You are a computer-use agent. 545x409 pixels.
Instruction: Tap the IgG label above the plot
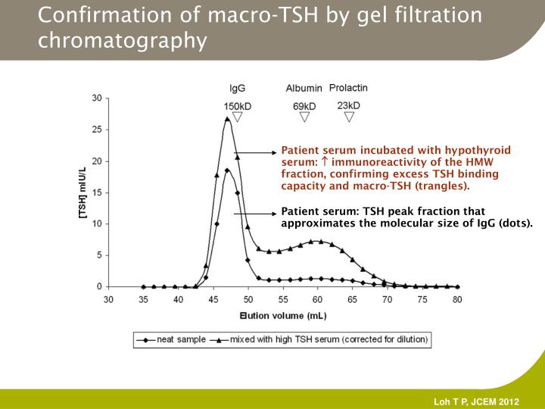pyautogui.click(x=237, y=89)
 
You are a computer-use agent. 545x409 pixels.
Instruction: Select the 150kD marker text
pyautogui.click(x=237, y=105)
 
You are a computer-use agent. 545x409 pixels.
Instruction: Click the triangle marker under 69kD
pyautogui.click(x=305, y=117)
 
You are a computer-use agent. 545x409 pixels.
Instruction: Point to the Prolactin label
pyautogui.click(x=348, y=88)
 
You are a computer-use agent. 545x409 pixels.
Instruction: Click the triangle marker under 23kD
pyautogui.click(x=349, y=117)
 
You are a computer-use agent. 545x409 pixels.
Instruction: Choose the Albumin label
pyautogui.click(x=304, y=89)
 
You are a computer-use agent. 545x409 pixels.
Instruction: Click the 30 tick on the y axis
pyautogui.click(x=97, y=98)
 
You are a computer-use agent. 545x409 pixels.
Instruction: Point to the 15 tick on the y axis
pyautogui.click(x=97, y=192)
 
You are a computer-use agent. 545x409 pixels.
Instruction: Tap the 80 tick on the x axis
pyautogui.click(x=457, y=300)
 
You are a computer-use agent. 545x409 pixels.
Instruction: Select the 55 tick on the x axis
pyautogui.click(x=283, y=300)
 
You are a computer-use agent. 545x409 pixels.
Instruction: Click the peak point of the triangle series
pyautogui.click(x=227, y=118)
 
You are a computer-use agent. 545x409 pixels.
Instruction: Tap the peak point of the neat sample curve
pyautogui.click(x=227, y=170)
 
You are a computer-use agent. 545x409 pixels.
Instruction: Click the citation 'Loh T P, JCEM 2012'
pyautogui.click(x=476, y=401)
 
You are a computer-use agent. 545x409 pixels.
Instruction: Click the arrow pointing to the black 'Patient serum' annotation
pyautogui.click(x=257, y=214)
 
